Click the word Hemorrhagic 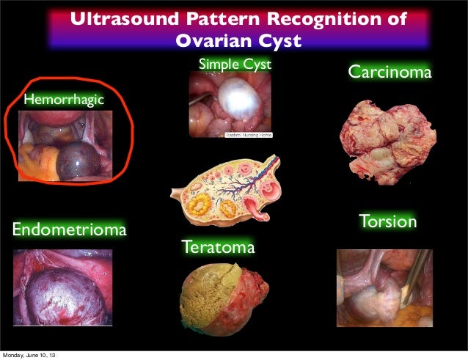(64, 99)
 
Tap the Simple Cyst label (235, 65)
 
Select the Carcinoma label (389, 73)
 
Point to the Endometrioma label (68, 231)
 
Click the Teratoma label (219, 248)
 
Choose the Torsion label (387, 221)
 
